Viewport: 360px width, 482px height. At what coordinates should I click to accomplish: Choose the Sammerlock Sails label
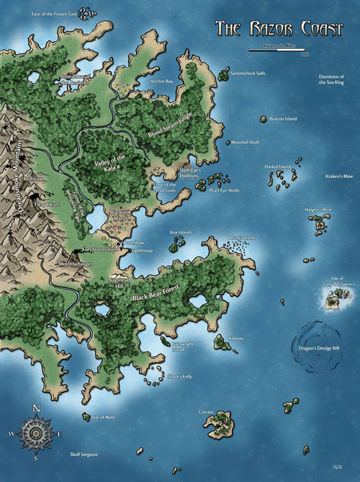(247, 73)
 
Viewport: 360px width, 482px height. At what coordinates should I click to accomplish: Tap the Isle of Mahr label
(104, 417)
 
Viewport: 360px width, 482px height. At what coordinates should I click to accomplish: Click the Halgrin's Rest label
(318, 210)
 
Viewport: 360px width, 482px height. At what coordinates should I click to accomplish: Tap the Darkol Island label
(277, 167)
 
